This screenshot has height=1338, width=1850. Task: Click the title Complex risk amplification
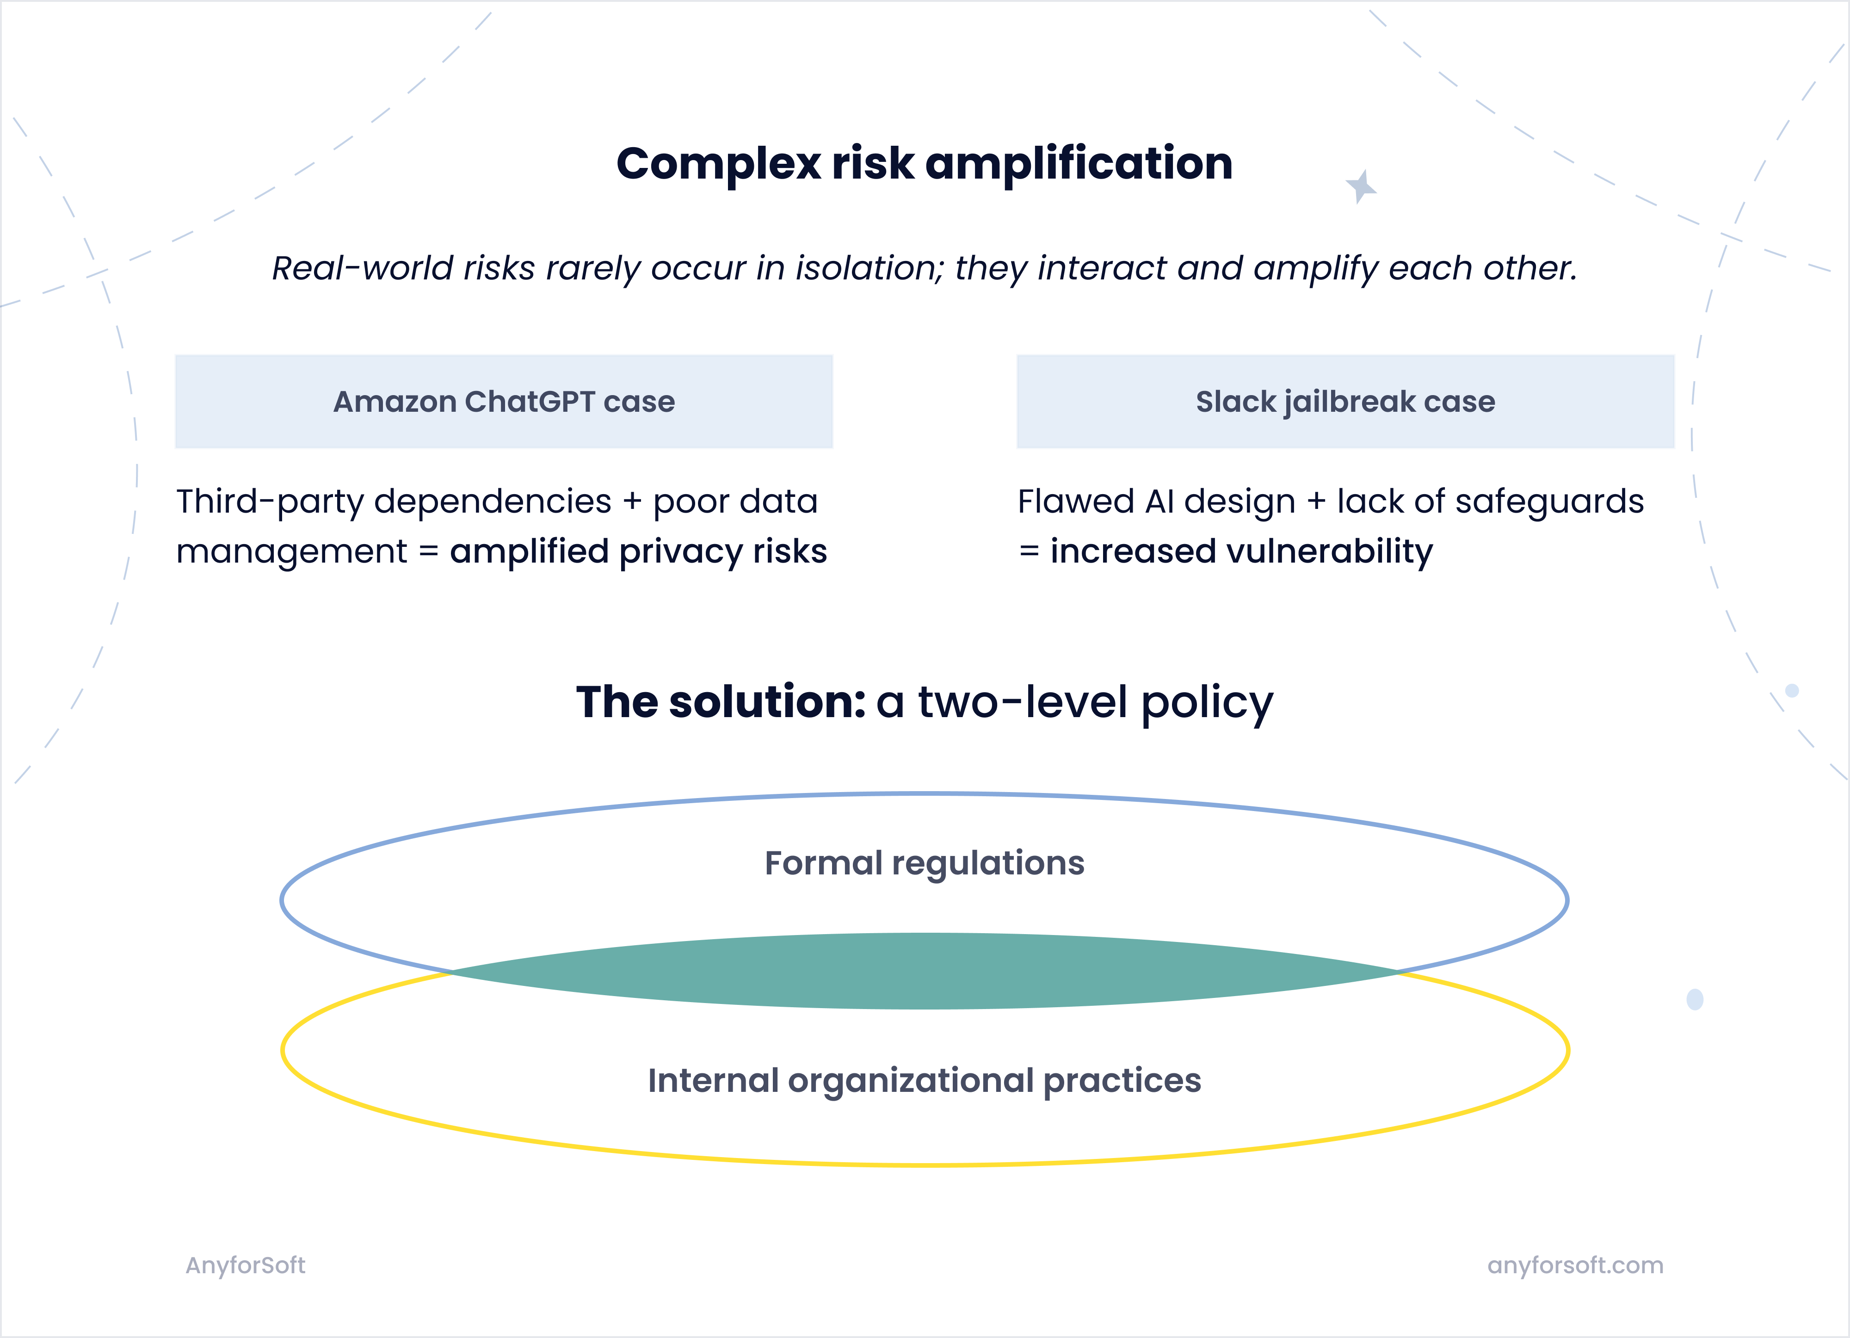pyautogui.click(x=924, y=163)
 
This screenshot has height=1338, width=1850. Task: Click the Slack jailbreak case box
pyautogui.click(x=1345, y=402)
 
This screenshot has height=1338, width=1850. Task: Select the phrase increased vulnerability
pyautogui.click(x=1241, y=551)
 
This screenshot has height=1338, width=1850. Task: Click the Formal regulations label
pyautogui.click(x=924, y=863)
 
